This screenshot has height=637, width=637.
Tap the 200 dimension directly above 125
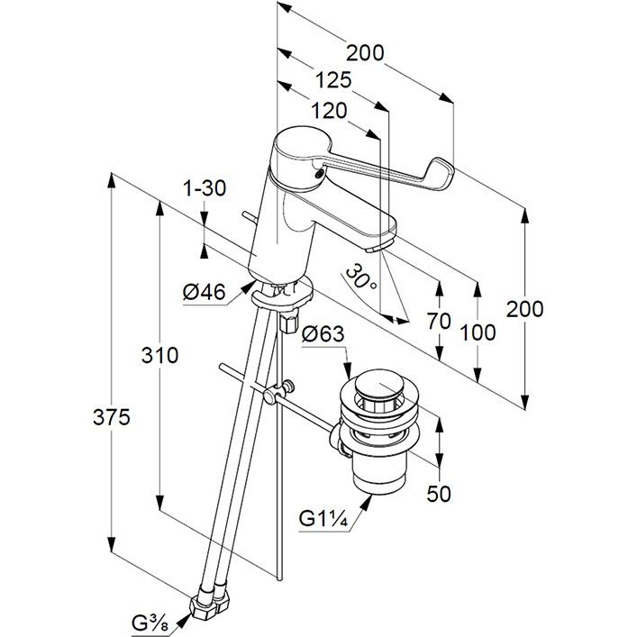(365, 53)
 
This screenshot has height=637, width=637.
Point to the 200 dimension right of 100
(524, 309)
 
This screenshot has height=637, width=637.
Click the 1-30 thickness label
(204, 189)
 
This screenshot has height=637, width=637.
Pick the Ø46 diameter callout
(204, 292)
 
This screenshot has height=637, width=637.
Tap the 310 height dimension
(159, 355)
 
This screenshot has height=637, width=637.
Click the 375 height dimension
(111, 417)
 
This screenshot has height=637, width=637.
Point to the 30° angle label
(360, 275)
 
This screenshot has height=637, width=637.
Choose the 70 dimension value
(439, 320)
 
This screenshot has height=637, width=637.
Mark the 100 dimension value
(478, 332)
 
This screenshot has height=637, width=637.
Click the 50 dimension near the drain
(439, 493)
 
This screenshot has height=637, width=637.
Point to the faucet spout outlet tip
(382, 243)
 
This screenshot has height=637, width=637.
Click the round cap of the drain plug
(375, 389)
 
